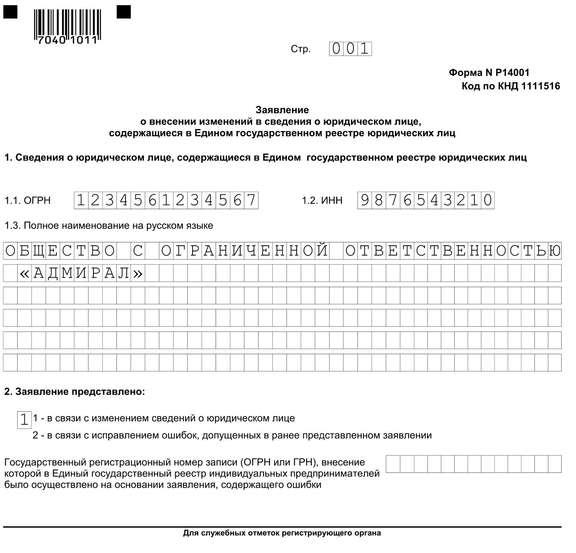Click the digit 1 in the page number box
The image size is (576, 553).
click(364, 49)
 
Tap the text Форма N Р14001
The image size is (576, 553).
click(489, 73)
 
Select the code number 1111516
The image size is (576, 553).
click(541, 86)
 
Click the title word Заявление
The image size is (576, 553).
click(282, 110)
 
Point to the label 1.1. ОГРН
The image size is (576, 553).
click(28, 200)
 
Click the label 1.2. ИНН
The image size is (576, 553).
click(322, 200)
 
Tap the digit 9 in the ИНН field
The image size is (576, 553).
click(365, 200)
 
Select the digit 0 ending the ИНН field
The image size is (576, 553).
click(488, 200)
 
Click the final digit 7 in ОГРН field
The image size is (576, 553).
click(251, 200)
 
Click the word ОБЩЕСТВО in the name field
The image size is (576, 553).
click(60, 251)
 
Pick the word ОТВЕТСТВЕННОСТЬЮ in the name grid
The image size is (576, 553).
click(453, 251)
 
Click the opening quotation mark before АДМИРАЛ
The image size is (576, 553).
click(25, 273)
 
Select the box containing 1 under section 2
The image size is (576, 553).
click(24, 419)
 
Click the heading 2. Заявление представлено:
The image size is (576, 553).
click(74, 392)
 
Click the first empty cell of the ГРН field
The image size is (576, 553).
click(393, 464)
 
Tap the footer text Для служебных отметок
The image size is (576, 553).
click(282, 533)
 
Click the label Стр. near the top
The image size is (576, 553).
click(300, 49)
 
